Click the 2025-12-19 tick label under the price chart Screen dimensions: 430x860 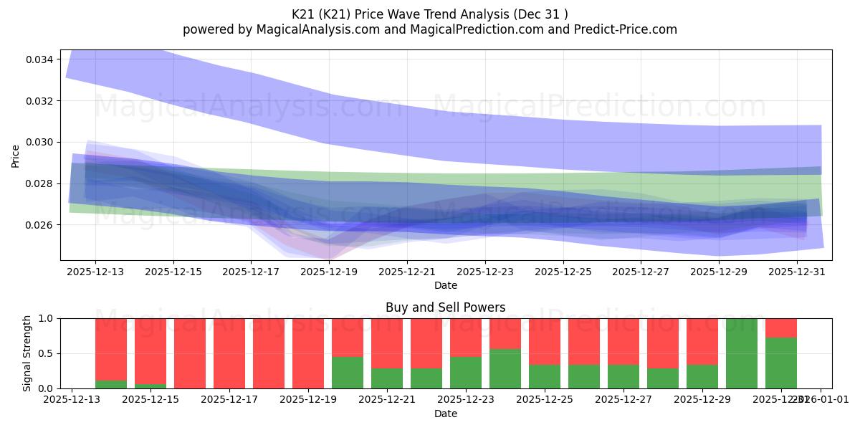tap(329, 272)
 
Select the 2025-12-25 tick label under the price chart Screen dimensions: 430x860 tap(563, 272)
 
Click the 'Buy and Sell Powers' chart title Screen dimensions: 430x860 tap(445, 307)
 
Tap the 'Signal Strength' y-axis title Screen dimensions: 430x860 tap(27, 353)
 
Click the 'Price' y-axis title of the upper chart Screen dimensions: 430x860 tap(16, 156)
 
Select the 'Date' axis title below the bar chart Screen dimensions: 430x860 tap(445, 414)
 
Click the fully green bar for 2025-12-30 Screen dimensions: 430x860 tap(742, 353)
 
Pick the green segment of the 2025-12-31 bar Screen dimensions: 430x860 tap(781, 363)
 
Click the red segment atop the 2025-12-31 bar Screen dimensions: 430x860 tap(781, 328)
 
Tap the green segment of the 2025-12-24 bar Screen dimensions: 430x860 tap(505, 368)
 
